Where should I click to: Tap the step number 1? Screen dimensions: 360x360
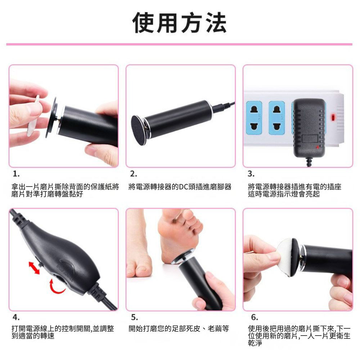16,174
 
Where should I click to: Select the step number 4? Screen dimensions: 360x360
16,317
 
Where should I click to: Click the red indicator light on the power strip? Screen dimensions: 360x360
333,118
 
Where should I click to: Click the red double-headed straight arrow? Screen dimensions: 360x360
35,267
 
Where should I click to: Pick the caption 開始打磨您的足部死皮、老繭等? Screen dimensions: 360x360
179,329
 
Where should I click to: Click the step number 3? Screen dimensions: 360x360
251,174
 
